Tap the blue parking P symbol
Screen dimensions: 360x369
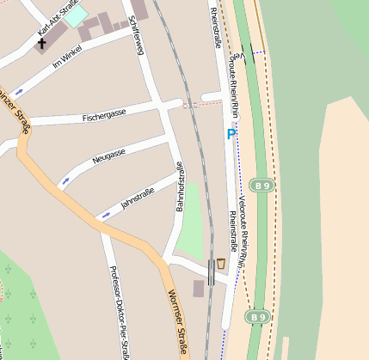pos(231,134)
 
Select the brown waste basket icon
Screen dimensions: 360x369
pos(221,263)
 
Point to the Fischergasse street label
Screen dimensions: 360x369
pos(104,113)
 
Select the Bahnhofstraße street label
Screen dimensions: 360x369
pos(181,186)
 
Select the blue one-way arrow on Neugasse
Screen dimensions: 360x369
pos(65,181)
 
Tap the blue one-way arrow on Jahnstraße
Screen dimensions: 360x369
pos(106,214)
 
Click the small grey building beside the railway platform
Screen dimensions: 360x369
pos(199,289)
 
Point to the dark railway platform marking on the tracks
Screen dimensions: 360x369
pos(212,272)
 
